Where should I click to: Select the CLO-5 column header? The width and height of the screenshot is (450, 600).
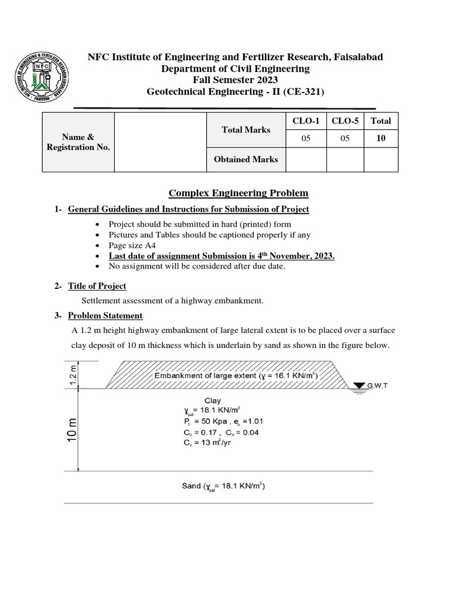point(344,121)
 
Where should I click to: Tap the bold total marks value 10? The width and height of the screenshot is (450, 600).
point(381,139)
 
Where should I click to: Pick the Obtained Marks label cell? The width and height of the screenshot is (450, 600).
point(246,159)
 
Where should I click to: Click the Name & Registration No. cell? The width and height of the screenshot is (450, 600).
point(79,142)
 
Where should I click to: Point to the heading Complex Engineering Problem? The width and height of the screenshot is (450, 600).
point(238,193)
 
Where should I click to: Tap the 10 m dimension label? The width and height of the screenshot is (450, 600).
point(70,432)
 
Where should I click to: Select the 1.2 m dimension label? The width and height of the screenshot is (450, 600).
point(73,374)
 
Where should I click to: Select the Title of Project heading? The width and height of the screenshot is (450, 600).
point(97,286)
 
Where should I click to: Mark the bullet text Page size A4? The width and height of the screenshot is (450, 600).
point(132,246)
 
